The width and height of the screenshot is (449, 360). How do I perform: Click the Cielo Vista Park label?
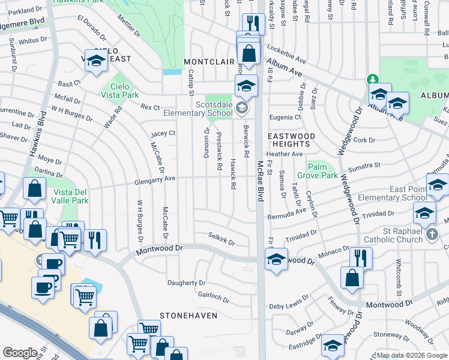(121, 91)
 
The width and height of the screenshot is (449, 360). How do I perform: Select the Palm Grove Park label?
(322, 171)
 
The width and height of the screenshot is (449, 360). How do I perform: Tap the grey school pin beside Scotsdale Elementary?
(241, 109)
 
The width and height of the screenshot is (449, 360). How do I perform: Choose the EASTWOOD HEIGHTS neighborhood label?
(291, 140)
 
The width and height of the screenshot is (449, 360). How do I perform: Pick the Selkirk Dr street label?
(221, 238)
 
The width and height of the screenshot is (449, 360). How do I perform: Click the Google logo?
(20, 353)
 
